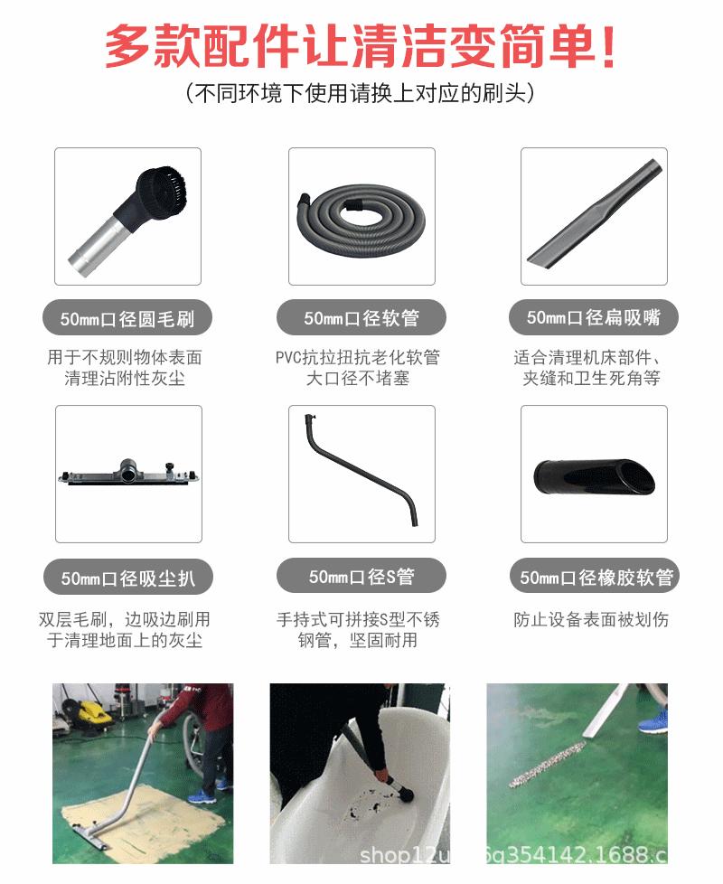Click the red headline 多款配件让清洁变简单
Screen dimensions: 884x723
point(361,47)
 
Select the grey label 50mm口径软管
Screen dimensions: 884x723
point(361,318)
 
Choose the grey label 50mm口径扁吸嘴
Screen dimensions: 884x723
point(594,317)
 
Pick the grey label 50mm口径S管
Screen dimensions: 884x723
point(361,577)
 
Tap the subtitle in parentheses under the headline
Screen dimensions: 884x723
point(361,93)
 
